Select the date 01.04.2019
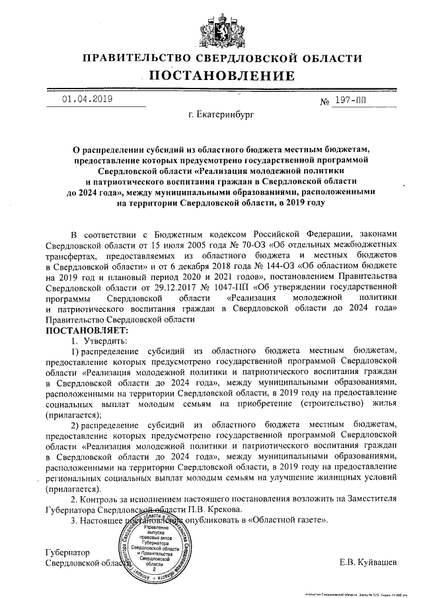pos(87,99)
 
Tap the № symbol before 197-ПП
pos(325,103)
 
